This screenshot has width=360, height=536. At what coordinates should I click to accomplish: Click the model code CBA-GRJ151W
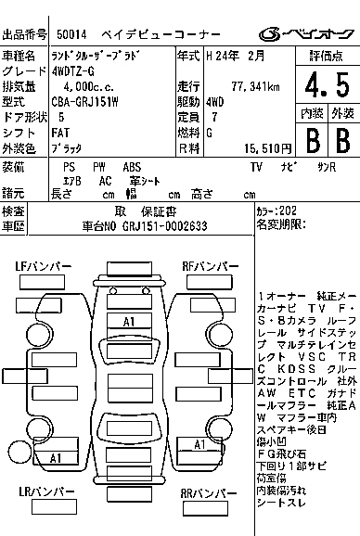point(84,102)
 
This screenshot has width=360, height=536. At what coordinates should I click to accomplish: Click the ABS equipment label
point(133,166)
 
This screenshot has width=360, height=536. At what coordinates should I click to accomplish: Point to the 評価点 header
point(327,56)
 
